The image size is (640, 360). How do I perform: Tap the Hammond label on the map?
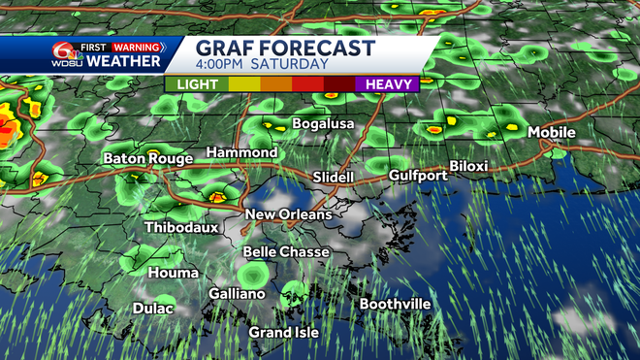click(242, 153)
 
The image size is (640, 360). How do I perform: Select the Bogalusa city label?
click(313, 124)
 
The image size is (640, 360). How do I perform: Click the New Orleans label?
click(288, 214)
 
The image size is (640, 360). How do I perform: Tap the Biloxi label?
click(468, 166)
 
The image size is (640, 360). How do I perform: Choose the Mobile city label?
click(551, 133)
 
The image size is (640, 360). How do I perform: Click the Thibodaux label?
click(180, 228)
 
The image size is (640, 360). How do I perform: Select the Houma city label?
click(174, 274)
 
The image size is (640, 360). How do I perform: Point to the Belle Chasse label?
click(286, 252)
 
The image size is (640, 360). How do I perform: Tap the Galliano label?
click(237, 294)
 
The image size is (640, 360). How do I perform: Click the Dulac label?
click(153, 309)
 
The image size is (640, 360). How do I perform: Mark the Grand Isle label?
click(284, 333)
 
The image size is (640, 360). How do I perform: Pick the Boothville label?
click(395, 305)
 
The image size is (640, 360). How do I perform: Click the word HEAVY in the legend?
click(392, 84)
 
